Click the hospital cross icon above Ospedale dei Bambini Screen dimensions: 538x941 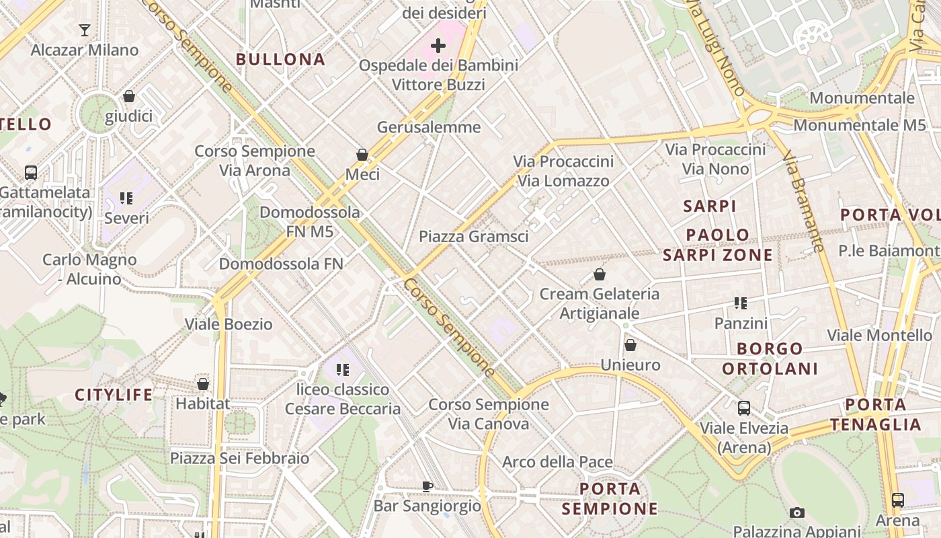(x=438, y=46)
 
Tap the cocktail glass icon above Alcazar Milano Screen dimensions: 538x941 (x=85, y=30)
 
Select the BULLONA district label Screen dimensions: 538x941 (x=281, y=59)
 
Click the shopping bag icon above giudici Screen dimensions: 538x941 (x=129, y=96)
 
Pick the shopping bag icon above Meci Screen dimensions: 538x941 (x=362, y=155)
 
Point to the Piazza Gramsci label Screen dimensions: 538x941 (x=473, y=237)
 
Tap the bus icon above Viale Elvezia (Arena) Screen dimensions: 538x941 (x=744, y=408)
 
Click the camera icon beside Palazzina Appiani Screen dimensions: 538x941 (x=797, y=513)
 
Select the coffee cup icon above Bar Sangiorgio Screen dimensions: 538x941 (x=427, y=486)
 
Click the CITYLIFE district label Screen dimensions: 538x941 (x=114, y=395)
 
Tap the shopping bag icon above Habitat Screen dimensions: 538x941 (x=203, y=384)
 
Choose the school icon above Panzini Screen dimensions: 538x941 (x=741, y=303)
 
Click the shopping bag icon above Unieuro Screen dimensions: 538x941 (x=630, y=345)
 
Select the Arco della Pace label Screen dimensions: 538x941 (x=557, y=462)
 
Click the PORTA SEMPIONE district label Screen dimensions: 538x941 (x=610, y=498)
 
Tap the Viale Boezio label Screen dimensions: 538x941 (x=229, y=324)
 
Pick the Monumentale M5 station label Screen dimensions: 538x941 (x=860, y=125)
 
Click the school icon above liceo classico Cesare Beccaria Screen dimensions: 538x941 (x=343, y=369)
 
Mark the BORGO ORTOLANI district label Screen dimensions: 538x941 (x=770, y=358)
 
